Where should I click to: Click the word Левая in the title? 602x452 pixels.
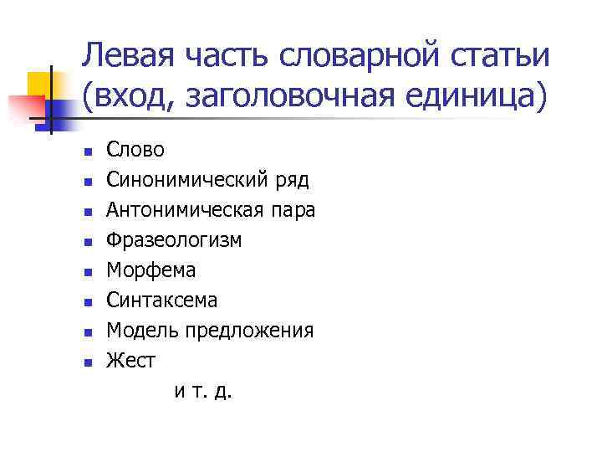click(x=127, y=57)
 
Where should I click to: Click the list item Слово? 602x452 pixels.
click(x=135, y=150)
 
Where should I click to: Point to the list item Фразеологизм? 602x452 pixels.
click(x=174, y=240)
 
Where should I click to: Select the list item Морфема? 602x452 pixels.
click(x=150, y=270)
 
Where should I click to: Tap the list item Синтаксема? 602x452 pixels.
click(x=161, y=300)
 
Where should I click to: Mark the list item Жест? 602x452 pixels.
click(x=130, y=361)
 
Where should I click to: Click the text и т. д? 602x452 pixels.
click(x=203, y=391)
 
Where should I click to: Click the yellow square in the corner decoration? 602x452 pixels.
click(x=39, y=83)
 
